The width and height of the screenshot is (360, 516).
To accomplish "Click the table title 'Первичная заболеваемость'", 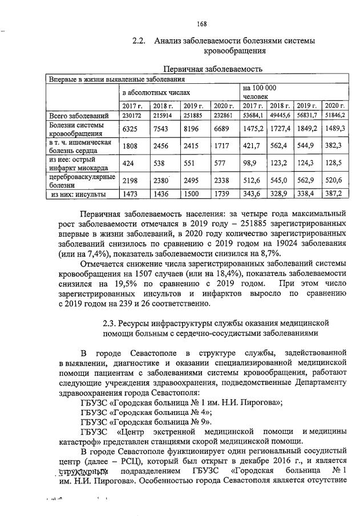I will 212,70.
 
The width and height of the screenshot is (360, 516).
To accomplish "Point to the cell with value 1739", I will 224,194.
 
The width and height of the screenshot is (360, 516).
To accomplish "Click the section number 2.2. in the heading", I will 140,40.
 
